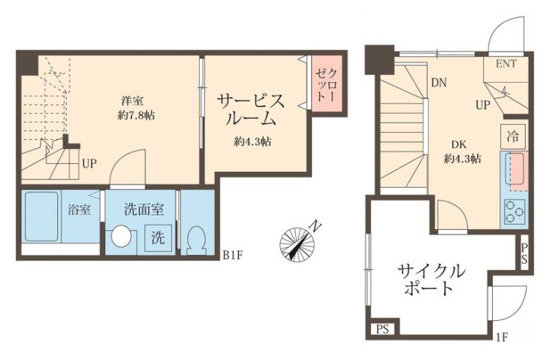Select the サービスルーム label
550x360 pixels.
[x=252, y=110]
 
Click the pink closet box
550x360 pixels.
[x=328, y=85]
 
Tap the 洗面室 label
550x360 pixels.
[x=140, y=210]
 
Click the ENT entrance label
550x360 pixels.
[x=506, y=64]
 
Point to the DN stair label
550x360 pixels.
[x=440, y=83]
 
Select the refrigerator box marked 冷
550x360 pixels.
[x=513, y=138]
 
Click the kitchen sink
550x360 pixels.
[x=515, y=171]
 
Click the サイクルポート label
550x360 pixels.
[x=431, y=279]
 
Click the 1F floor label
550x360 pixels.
[x=503, y=336]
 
